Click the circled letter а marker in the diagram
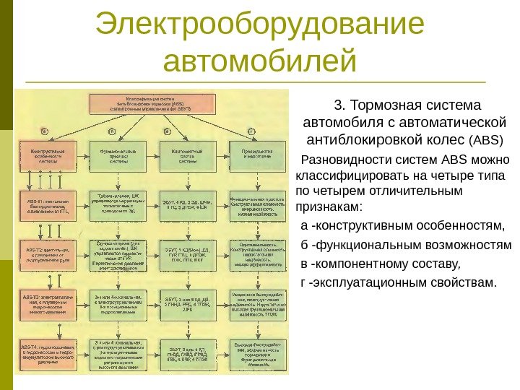point(45,131)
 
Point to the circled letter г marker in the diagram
point(251,131)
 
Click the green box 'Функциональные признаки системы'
point(116,157)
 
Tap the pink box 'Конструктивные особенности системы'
point(45,157)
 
